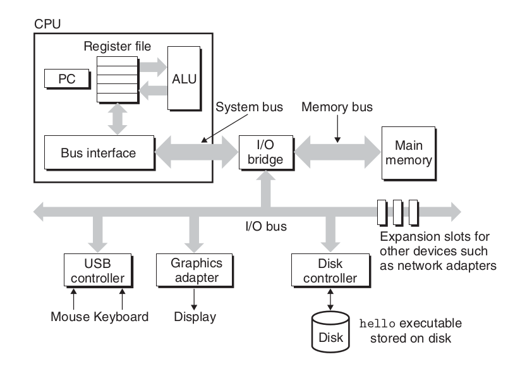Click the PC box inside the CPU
(x=65, y=79)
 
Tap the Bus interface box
(x=99, y=153)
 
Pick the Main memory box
(x=409, y=152)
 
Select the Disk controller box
(x=324, y=270)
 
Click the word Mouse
(x=71, y=317)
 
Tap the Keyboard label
(x=121, y=317)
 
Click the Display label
(x=195, y=317)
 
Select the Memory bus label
(x=337, y=107)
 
